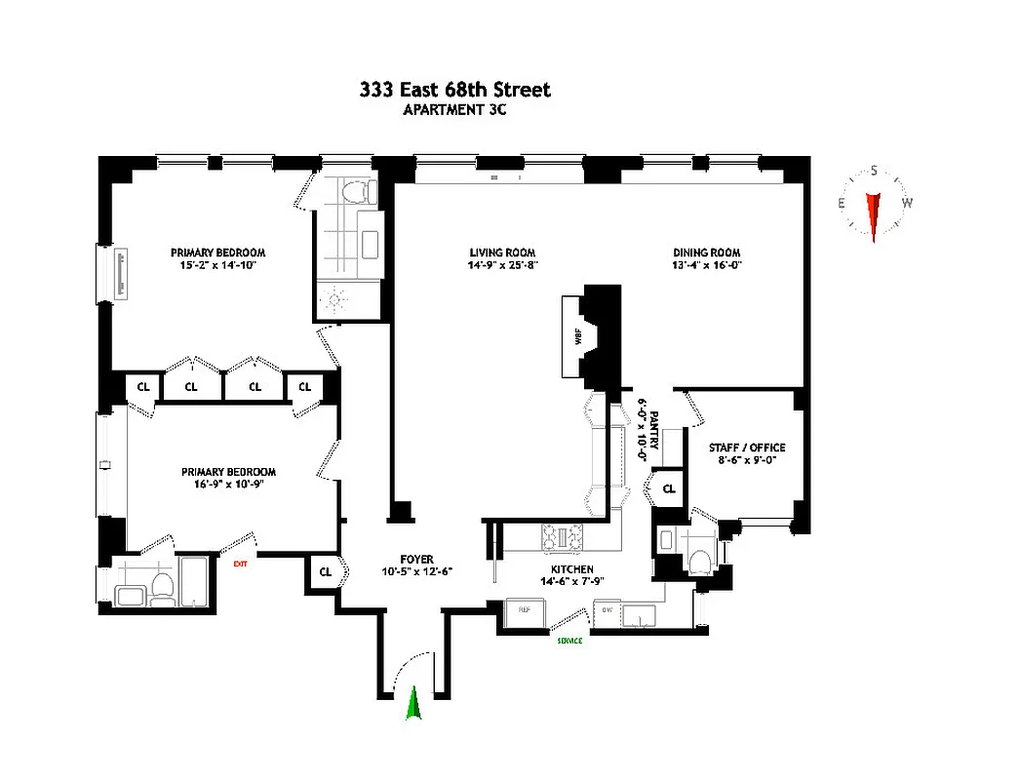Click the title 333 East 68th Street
point(454,90)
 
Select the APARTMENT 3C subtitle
point(454,110)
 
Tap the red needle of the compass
point(873,214)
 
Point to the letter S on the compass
point(874,172)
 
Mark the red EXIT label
point(239,563)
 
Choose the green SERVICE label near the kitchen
point(569,641)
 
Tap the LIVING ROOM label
point(502,252)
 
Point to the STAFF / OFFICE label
point(747,448)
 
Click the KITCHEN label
point(571,569)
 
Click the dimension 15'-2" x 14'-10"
point(217,264)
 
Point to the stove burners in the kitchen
point(563,536)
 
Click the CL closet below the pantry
point(669,488)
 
